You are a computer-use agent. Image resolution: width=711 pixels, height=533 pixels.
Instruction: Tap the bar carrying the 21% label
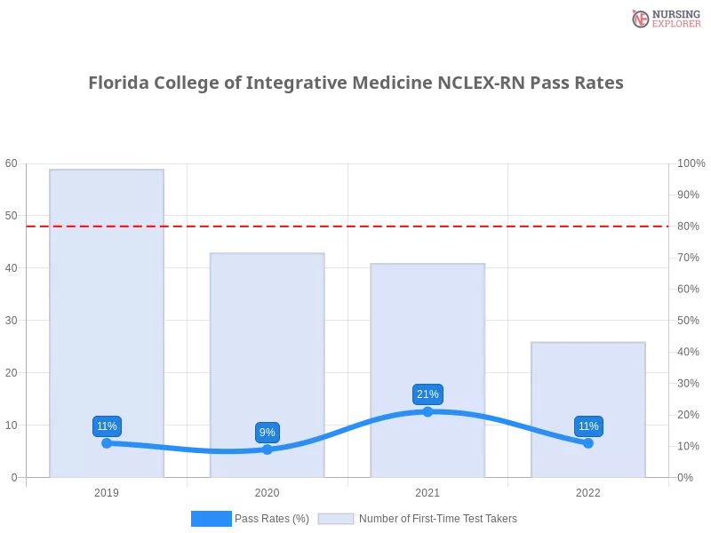(429, 338)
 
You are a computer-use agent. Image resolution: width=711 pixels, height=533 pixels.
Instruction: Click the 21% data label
(427, 394)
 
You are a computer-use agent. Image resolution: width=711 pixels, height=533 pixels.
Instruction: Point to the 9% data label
(267, 433)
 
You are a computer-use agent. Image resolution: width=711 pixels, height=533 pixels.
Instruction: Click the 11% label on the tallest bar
(107, 426)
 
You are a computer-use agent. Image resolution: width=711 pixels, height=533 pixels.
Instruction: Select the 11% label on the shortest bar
(588, 426)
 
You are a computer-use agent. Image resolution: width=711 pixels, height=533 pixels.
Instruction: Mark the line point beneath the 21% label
(427, 411)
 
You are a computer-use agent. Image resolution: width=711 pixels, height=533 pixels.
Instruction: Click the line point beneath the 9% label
(267, 449)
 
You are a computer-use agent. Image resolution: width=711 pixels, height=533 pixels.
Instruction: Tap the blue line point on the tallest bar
(107, 442)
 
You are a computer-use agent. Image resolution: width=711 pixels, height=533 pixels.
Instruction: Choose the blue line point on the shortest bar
(588, 442)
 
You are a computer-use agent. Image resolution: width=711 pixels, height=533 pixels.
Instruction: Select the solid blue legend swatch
(211, 518)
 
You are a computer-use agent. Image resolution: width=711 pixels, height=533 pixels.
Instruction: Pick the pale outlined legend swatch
(336, 519)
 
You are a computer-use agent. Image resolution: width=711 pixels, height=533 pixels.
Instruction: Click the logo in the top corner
(664, 19)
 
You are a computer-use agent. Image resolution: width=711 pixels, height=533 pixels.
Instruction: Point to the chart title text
(355, 83)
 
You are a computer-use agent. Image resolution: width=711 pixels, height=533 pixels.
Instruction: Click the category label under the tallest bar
(107, 490)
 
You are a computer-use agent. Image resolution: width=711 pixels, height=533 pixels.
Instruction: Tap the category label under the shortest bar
(588, 490)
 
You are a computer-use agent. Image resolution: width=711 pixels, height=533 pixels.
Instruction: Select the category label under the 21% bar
(427, 490)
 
